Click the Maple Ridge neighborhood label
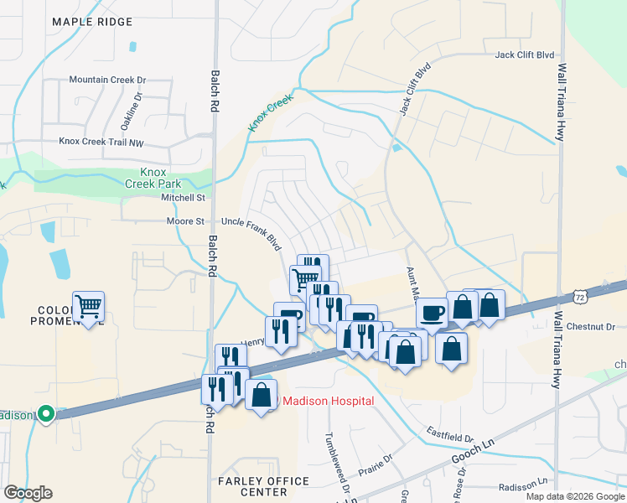coord(91,21)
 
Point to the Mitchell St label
coord(184,198)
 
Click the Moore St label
coord(189,221)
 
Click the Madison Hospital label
coord(327,401)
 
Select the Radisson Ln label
coord(522,487)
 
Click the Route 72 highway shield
coord(580,297)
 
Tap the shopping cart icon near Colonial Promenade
coord(88,307)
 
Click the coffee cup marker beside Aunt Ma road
coord(432,312)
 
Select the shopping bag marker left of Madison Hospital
coord(261,393)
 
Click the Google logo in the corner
coord(28,493)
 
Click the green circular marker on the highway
coord(47,414)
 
